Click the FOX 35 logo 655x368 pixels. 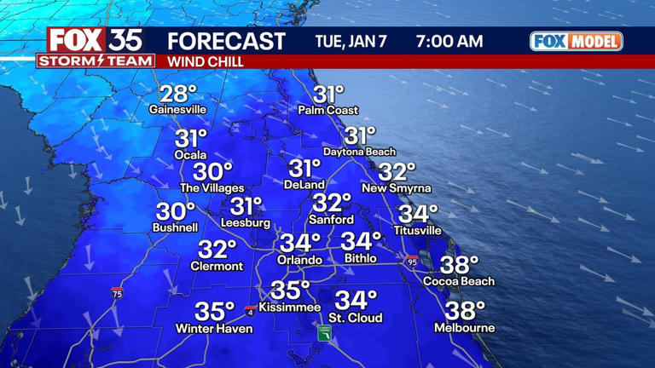[94, 40]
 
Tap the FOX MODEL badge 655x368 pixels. [576, 41]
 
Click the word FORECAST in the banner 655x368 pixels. [225, 41]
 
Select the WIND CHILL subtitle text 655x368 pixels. [205, 62]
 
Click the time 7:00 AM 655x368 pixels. [449, 41]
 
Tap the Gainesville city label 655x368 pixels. [177, 110]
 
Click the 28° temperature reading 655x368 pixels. [178, 94]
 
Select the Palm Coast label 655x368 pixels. [328, 111]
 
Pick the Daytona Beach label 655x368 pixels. [359, 152]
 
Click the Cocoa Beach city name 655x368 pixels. [459, 281]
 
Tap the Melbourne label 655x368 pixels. [464, 328]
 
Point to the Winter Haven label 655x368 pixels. [214, 329]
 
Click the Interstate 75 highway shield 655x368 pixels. [116, 292]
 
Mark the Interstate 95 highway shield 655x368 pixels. [412, 262]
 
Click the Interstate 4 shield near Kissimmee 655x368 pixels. [250, 310]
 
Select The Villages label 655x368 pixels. [212, 188]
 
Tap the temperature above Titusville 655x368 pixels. [418, 214]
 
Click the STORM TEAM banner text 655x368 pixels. [96, 61]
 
